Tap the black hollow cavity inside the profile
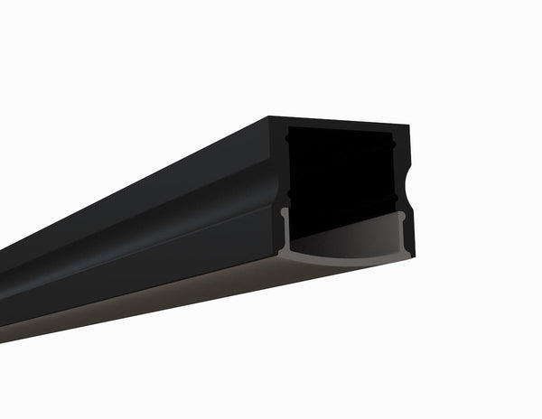343,172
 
